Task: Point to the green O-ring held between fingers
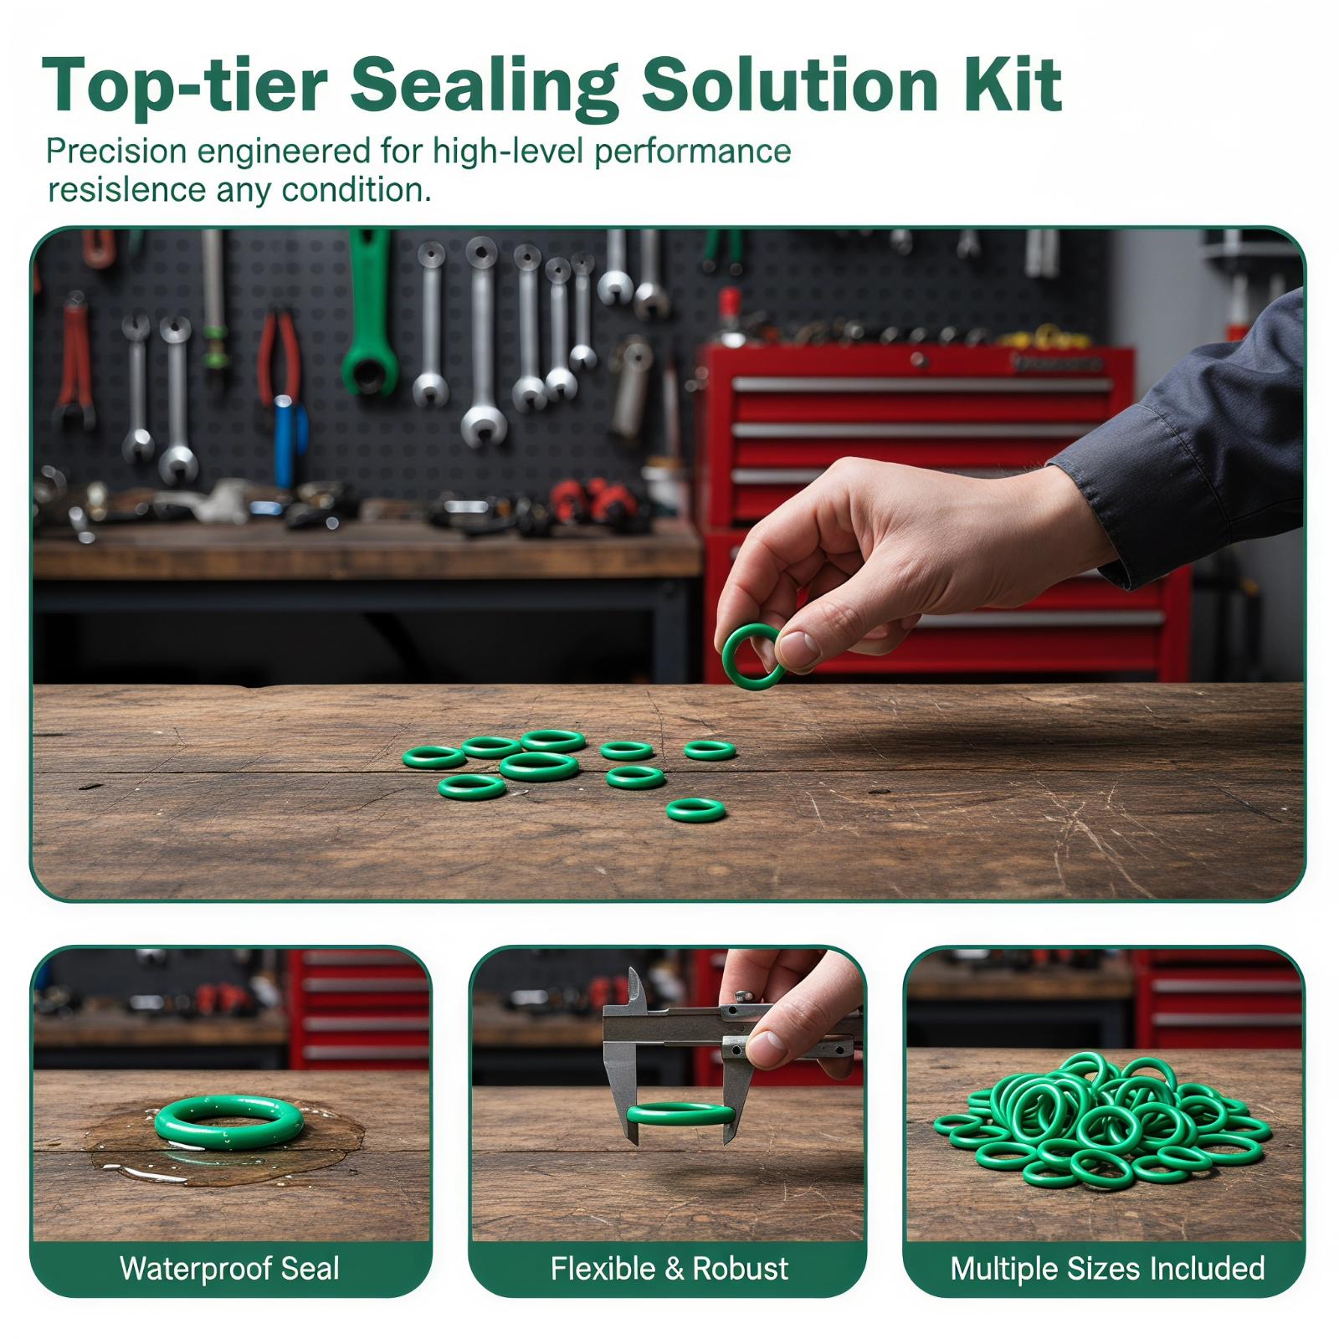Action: [x=752, y=656]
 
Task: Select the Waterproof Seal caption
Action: [x=229, y=1269]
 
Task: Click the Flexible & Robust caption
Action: [x=669, y=1269]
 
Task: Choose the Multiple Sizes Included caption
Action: [x=1107, y=1269]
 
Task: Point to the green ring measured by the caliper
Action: [x=680, y=1113]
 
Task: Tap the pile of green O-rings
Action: [x=1103, y=1121]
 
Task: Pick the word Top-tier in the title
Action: [x=183, y=86]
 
